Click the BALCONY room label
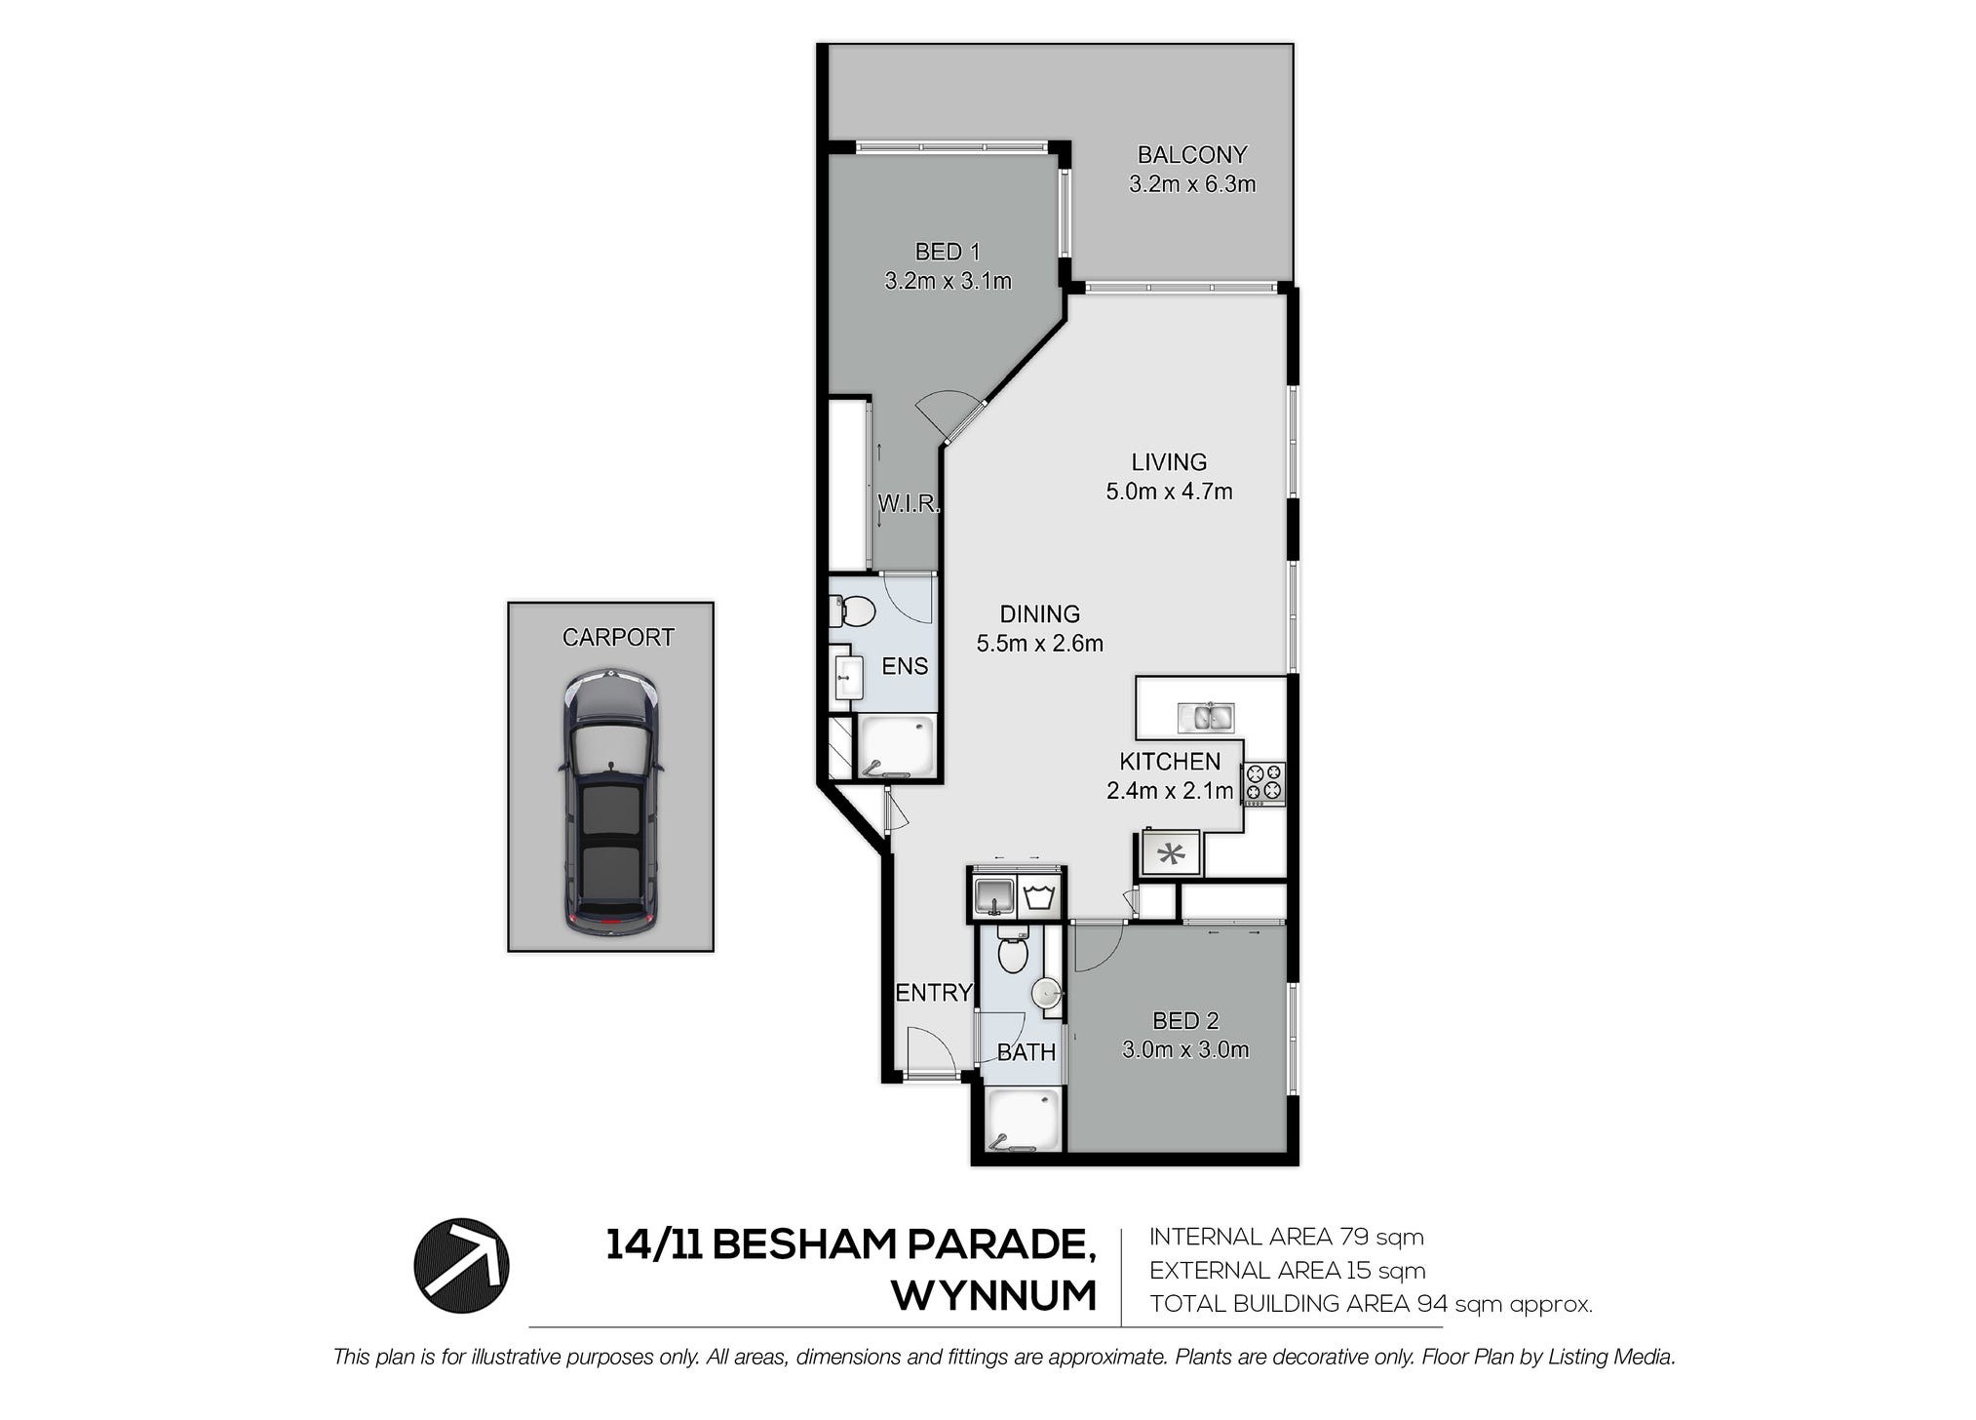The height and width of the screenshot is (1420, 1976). point(1191,155)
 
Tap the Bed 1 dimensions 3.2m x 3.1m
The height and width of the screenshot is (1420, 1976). point(948,282)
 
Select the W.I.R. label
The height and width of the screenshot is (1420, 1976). point(909,504)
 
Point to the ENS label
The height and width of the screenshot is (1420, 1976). point(905,666)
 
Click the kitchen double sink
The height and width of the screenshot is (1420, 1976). point(1206,717)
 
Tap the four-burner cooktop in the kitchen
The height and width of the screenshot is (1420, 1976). point(1263,783)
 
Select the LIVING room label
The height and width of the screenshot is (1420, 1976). point(1169,462)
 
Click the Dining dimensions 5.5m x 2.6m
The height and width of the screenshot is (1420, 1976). point(1040,644)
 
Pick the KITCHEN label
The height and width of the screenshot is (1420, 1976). point(1170,762)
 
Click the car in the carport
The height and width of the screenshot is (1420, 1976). point(610,803)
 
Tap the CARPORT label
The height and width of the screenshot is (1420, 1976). point(618,638)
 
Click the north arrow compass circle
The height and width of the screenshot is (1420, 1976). point(461,1265)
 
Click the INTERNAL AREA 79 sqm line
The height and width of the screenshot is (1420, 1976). point(1287,1238)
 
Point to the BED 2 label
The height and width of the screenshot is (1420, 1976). point(1185,1021)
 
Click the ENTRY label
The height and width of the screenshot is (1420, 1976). point(934,993)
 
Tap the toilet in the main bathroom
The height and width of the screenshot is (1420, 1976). point(1013,949)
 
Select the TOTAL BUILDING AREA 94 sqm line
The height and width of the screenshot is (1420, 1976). point(1371,1304)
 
